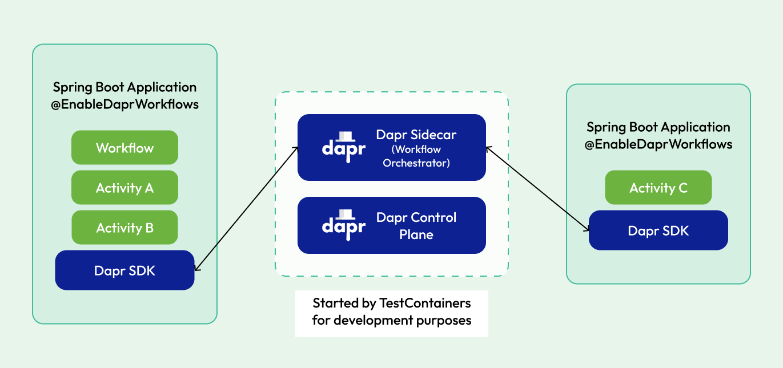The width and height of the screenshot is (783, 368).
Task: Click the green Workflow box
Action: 125,148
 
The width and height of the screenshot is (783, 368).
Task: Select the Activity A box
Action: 125,188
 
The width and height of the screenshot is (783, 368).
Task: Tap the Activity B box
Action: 125,228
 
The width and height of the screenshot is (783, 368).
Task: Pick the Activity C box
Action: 658,188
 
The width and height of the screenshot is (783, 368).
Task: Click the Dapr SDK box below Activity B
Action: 125,270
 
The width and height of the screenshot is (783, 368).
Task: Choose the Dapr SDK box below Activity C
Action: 658,230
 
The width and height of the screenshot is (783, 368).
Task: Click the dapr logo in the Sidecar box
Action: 343,145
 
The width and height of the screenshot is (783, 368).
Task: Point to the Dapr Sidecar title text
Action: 416,135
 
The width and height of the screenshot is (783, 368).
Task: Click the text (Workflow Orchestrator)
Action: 416,156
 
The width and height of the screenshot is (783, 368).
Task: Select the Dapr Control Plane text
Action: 416,226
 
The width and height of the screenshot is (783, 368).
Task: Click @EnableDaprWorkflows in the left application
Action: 125,104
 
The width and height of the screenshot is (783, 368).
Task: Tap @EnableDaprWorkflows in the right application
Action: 658,144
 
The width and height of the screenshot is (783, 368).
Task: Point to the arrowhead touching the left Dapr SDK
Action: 197,268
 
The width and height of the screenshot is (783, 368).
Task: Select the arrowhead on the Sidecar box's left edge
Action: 296,148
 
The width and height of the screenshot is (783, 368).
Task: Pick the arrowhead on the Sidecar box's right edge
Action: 488,148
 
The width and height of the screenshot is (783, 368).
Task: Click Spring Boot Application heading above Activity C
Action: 658,127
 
